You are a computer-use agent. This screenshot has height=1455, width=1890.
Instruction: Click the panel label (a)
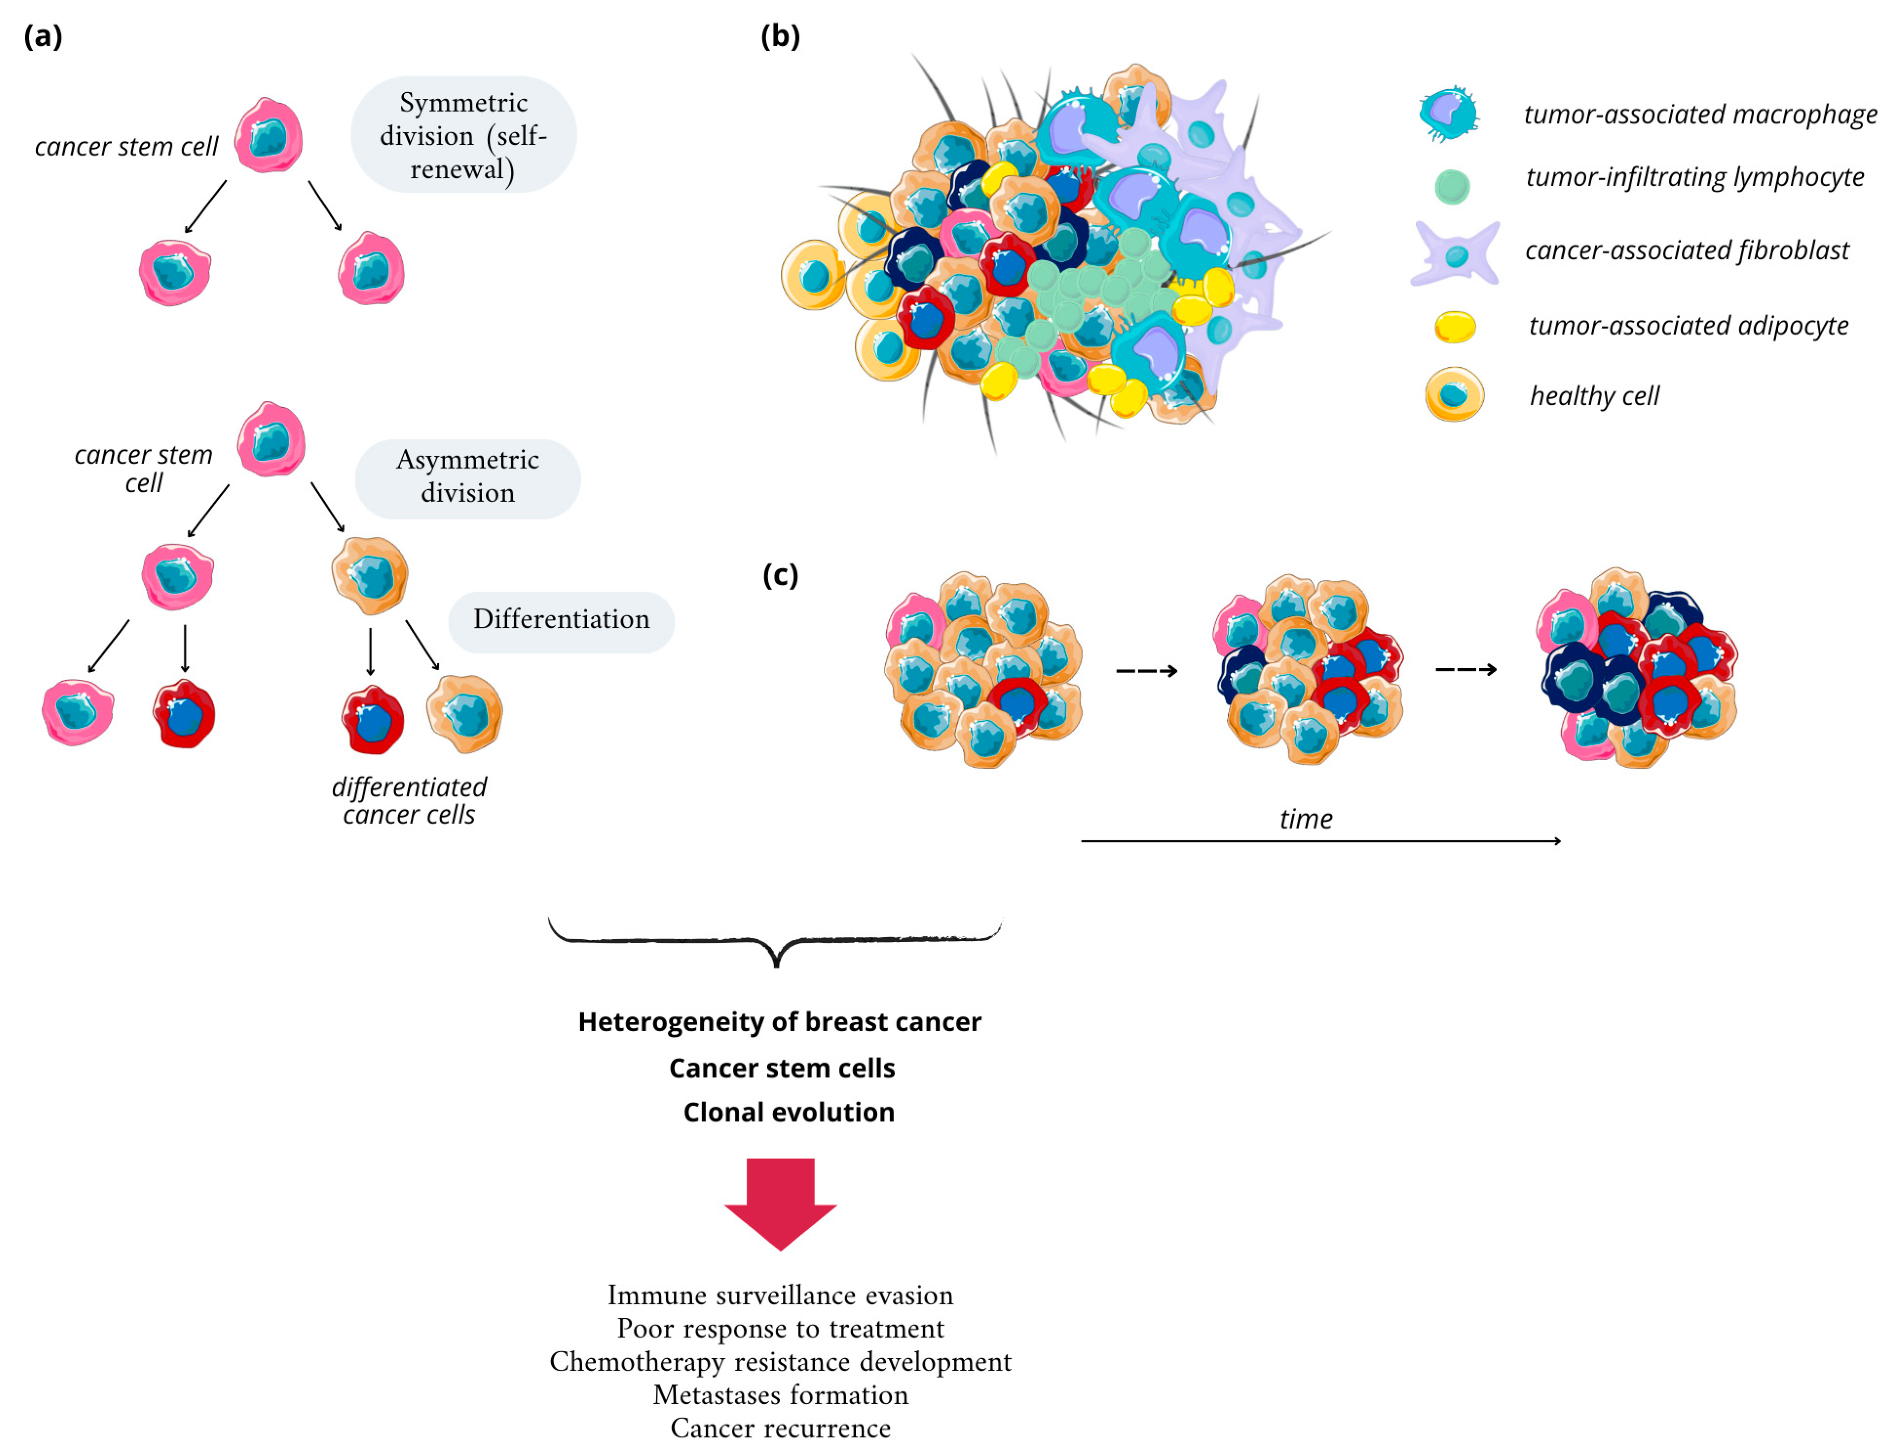tap(43, 36)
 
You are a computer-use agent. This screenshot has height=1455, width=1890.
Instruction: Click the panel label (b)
tap(780, 36)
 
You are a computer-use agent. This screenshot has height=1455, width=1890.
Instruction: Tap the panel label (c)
tap(780, 575)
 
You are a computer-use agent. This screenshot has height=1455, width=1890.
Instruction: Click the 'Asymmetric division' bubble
tap(467, 477)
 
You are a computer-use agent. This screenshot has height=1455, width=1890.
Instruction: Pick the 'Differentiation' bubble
tap(561, 620)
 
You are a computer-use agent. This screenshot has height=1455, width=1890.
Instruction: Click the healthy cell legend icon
tap(1454, 395)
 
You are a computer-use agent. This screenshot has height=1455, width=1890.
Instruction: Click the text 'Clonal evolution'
tap(789, 1112)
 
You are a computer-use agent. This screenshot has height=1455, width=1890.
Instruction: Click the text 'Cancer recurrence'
tap(780, 1428)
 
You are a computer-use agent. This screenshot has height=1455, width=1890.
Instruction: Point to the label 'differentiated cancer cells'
tap(409, 800)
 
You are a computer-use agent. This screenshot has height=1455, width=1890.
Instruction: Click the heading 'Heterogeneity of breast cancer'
tap(780, 1022)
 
